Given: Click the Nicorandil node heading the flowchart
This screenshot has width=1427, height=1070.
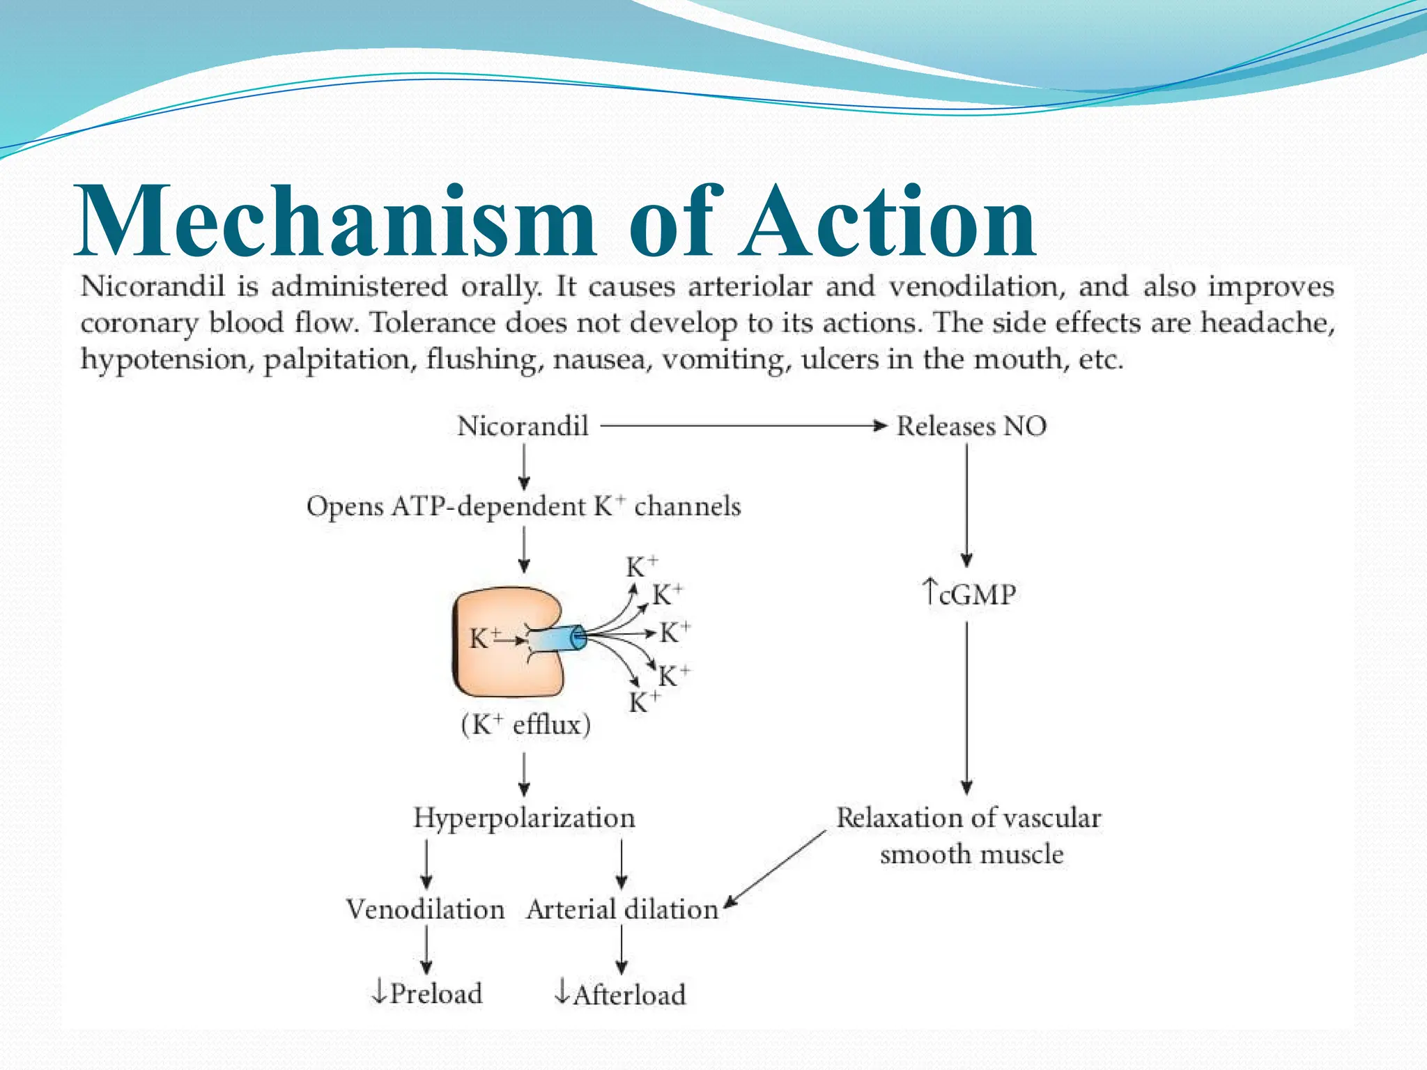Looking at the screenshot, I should (x=523, y=426).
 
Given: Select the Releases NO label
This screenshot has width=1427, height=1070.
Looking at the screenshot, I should (x=971, y=426).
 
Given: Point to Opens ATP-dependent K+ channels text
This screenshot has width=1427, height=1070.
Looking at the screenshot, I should (x=523, y=506).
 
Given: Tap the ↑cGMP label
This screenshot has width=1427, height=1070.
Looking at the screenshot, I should (x=969, y=594).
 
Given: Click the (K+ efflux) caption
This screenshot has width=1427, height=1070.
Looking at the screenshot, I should (x=525, y=725).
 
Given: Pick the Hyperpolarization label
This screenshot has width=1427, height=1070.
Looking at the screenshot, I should (x=524, y=818).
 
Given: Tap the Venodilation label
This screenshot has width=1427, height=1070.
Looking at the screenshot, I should (x=425, y=909).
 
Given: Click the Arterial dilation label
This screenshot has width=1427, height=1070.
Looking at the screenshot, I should (x=622, y=909).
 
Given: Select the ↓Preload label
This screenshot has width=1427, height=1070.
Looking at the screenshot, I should (x=426, y=993).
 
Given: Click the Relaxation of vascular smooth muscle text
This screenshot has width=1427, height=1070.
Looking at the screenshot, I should (x=969, y=835).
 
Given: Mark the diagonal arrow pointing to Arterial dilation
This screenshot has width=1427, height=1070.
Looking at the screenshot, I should (x=775, y=869).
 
